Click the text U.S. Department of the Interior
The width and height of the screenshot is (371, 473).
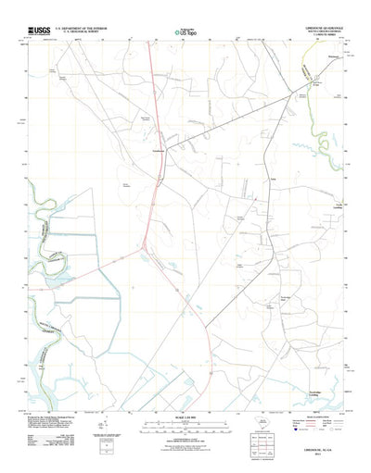pos(85,29)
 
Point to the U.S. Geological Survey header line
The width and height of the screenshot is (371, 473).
pos(85,33)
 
